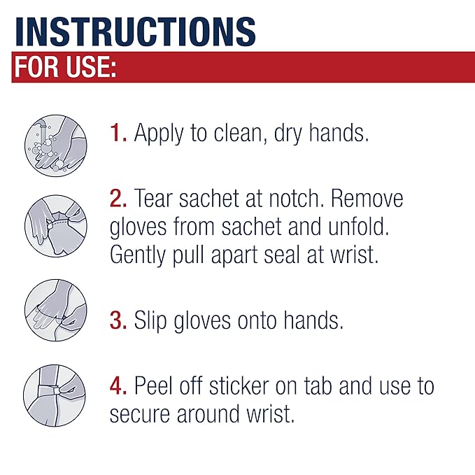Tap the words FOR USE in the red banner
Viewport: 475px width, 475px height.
pyautogui.click(x=64, y=67)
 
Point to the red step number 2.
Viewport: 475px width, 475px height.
pyautogui.click(x=118, y=199)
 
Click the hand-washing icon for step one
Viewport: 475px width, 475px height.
pyautogui.click(x=55, y=146)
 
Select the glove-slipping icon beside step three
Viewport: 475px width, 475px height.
pyautogui.click(x=55, y=309)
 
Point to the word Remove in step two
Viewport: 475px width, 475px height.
pyautogui.click(x=367, y=199)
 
